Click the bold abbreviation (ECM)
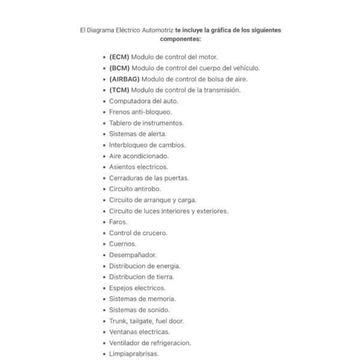tap(119, 57)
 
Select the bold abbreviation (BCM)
tap(119, 68)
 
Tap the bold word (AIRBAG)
tap(124, 79)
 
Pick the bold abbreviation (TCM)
tap(119, 90)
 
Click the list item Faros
tap(118, 222)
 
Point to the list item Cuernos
tap(122, 244)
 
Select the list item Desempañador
tap(133, 255)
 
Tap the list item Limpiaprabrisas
tap(134, 354)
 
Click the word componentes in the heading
tap(180, 39)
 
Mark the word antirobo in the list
tap(148, 189)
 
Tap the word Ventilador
tap(125, 343)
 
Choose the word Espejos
tap(122, 288)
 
